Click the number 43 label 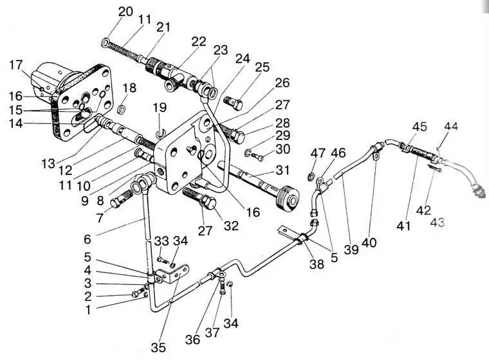pos(438,222)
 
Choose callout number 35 pos(158,348)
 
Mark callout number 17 pos(17,65)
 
